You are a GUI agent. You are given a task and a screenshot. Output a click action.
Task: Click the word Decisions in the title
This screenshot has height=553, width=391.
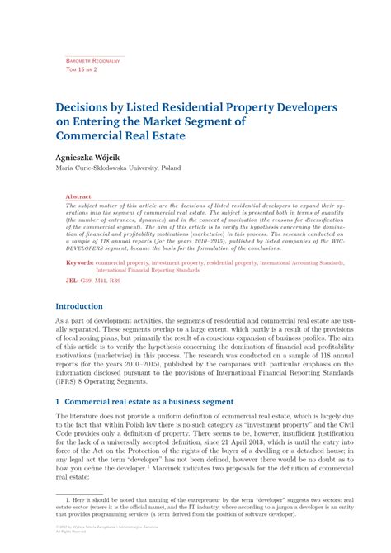pyautogui.click(x=87, y=107)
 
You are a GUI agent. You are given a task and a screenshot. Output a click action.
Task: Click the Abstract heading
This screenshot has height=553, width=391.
pyautogui.click(x=78, y=197)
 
